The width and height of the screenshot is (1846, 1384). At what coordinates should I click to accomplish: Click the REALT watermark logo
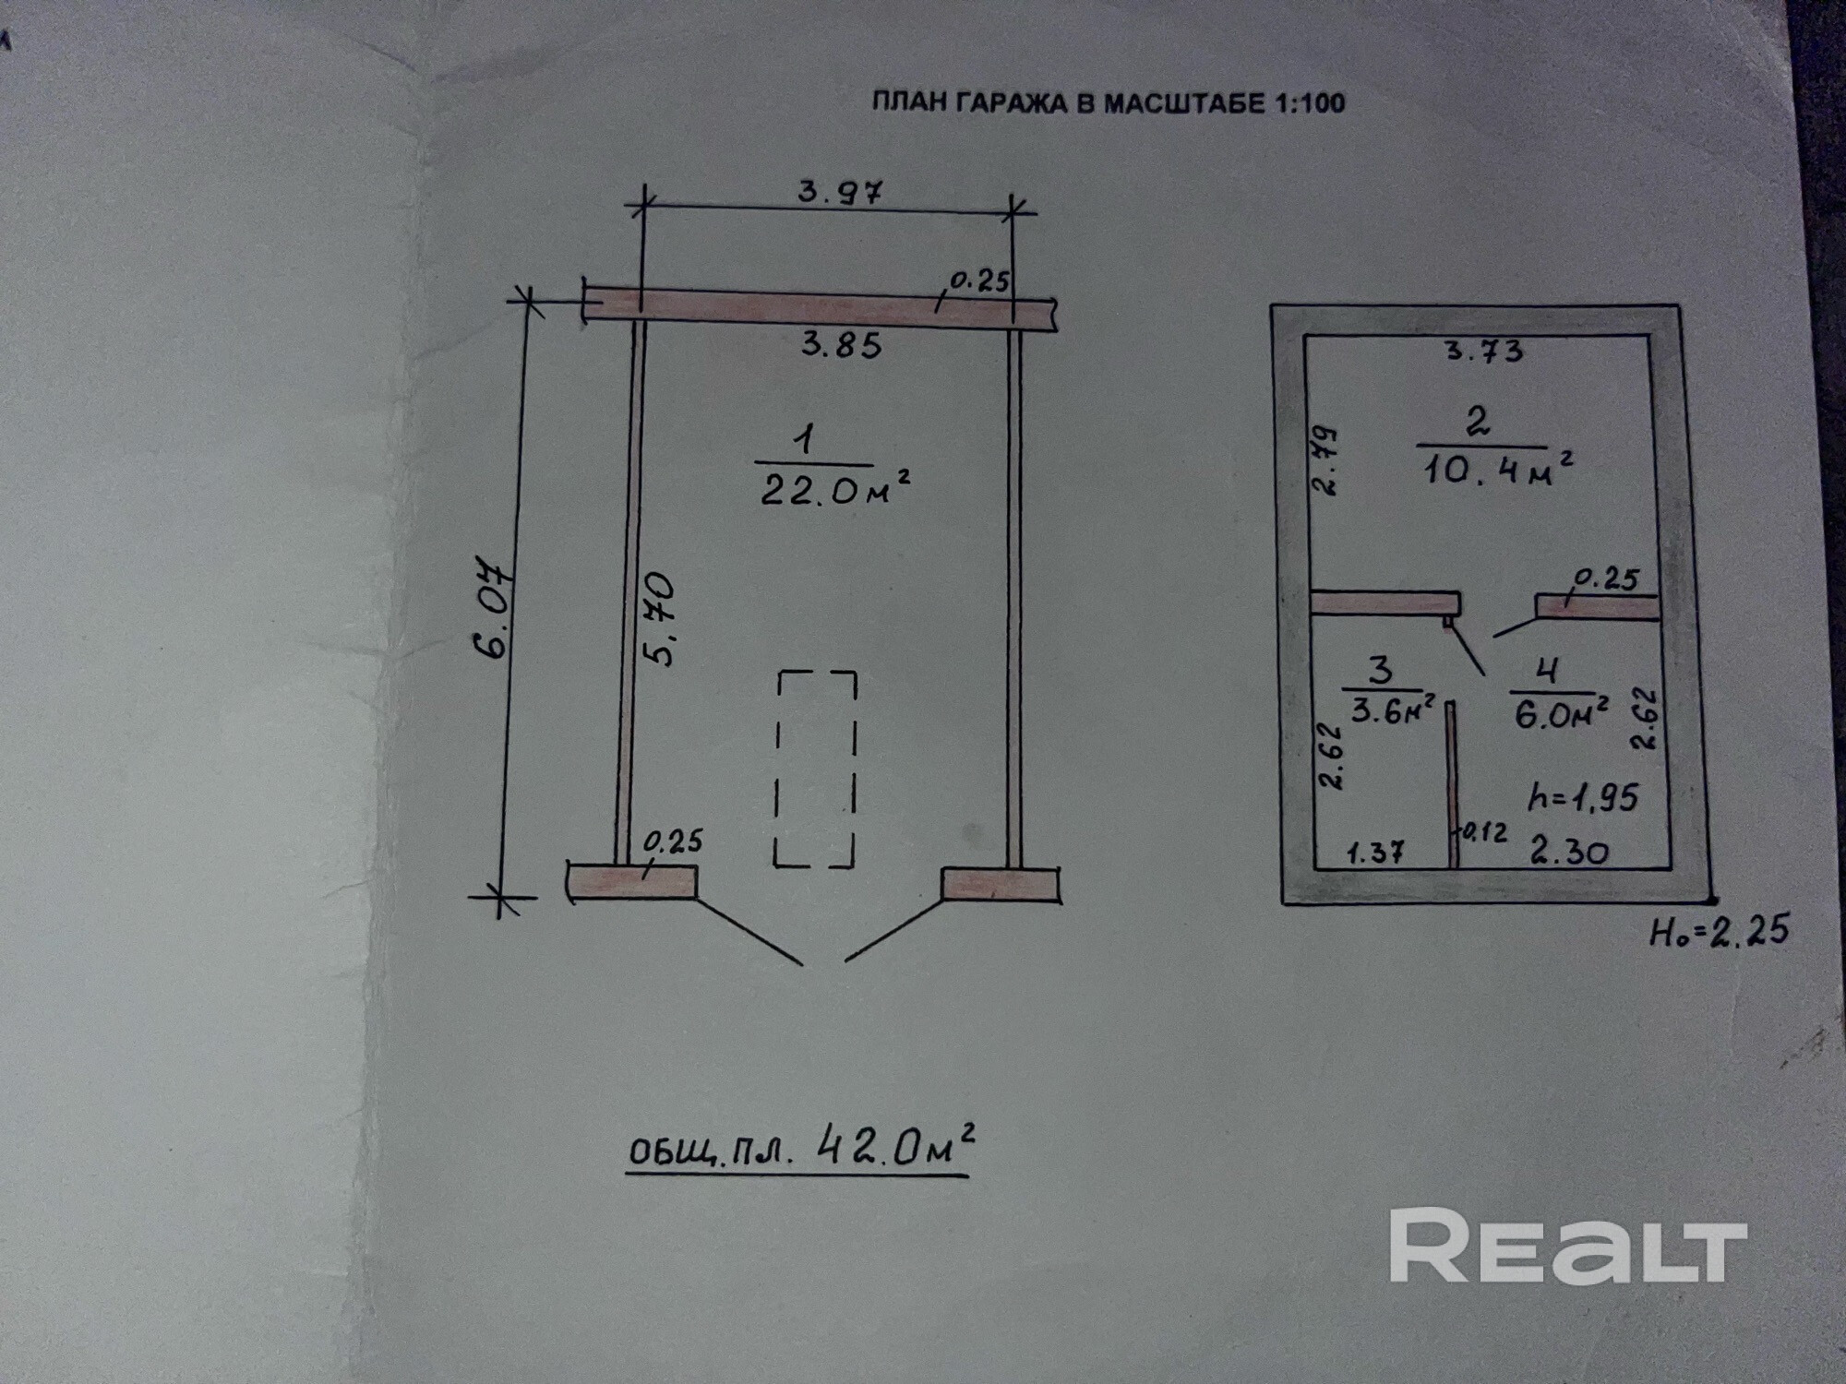pyautogui.click(x=1566, y=1247)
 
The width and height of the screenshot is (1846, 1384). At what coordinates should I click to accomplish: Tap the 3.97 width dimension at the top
pyautogui.click(x=840, y=192)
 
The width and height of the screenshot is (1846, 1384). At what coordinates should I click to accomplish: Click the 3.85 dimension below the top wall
pyautogui.click(x=841, y=345)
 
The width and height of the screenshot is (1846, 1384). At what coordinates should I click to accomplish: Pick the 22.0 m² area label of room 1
pyautogui.click(x=834, y=491)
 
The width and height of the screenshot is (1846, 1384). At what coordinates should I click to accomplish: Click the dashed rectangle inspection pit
pyautogui.click(x=816, y=769)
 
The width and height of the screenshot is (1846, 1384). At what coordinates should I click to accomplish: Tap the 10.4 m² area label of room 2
pyautogui.click(x=1496, y=469)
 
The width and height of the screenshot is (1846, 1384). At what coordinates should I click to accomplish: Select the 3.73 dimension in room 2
pyautogui.click(x=1483, y=351)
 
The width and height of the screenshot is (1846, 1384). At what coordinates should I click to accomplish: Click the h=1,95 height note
pyautogui.click(x=1582, y=796)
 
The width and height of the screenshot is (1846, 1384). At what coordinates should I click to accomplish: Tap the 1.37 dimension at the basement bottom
pyautogui.click(x=1375, y=853)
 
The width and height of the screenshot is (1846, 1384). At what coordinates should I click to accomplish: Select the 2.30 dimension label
pyautogui.click(x=1569, y=851)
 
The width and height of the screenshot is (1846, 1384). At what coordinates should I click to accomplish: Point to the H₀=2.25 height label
pyautogui.click(x=1719, y=931)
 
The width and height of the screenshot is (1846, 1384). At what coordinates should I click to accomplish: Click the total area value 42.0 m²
pyautogui.click(x=895, y=1149)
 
